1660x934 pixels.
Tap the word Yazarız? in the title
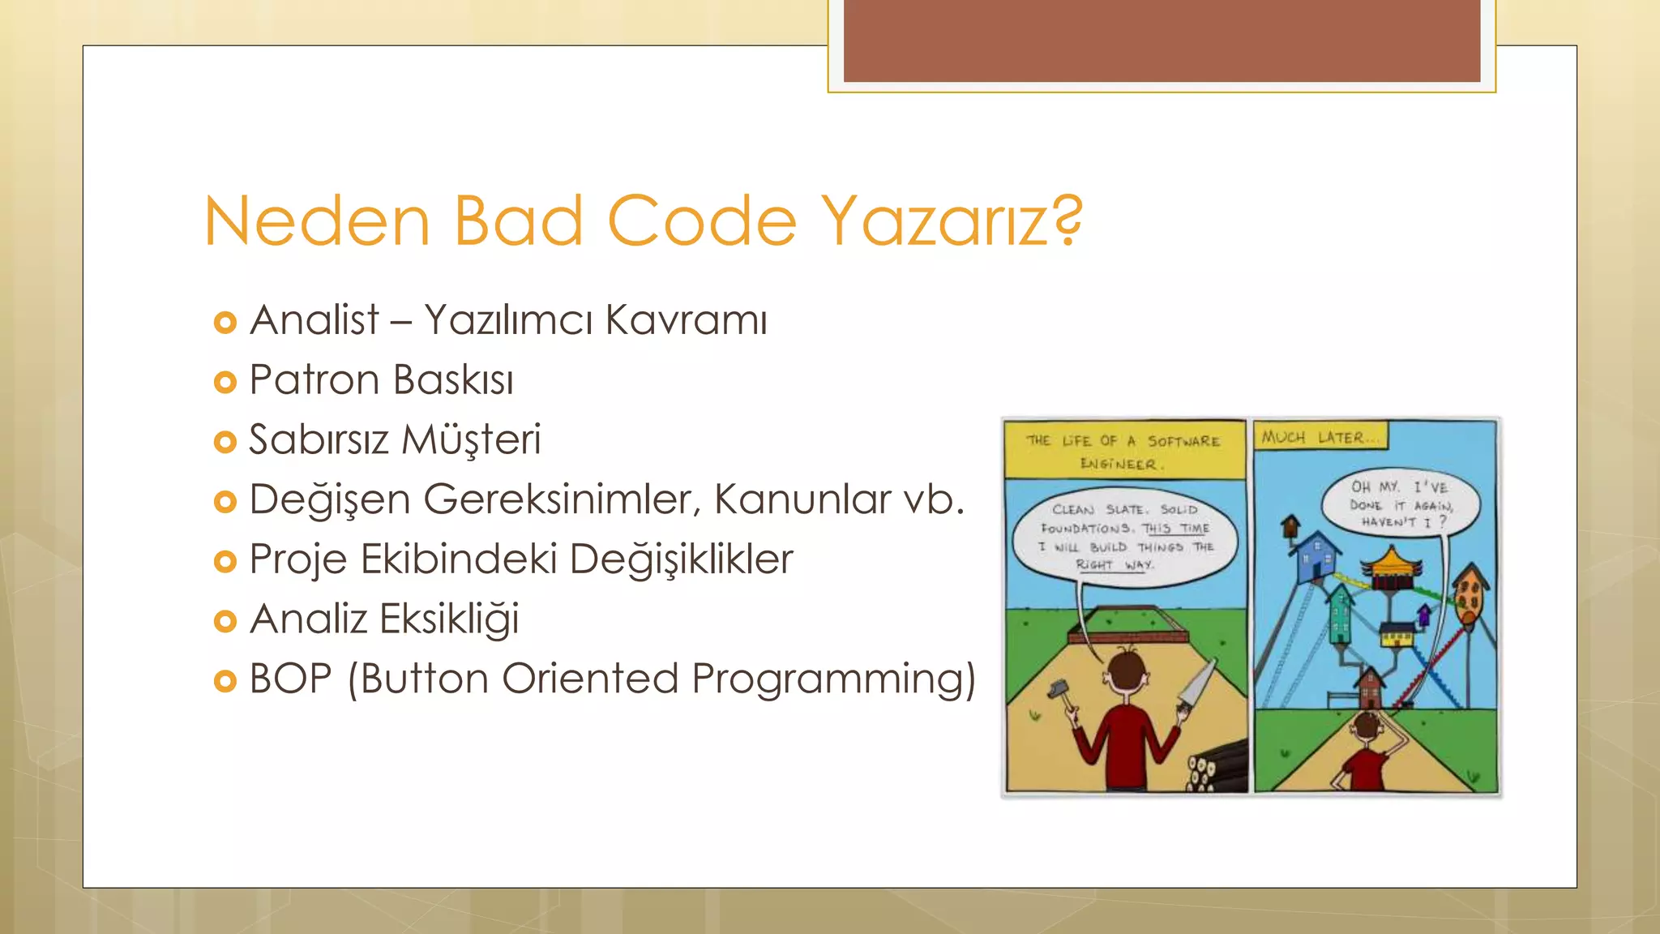click(x=952, y=221)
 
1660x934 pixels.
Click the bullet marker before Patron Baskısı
click(x=225, y=382)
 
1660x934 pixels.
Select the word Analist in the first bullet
click(x=314, y=319)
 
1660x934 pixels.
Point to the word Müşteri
click(x=471, y=439)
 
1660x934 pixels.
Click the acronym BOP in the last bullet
click(x=290, y=679)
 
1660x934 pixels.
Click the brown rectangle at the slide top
click(x=1162, y=41)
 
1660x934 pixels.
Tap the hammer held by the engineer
click(x=1056, y=691)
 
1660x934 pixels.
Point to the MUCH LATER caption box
click(x=1320, y=438)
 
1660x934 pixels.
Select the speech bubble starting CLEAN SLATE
click(x=1127, y=536)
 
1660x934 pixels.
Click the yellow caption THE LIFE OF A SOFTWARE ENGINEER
click(x=1123, y=452)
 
